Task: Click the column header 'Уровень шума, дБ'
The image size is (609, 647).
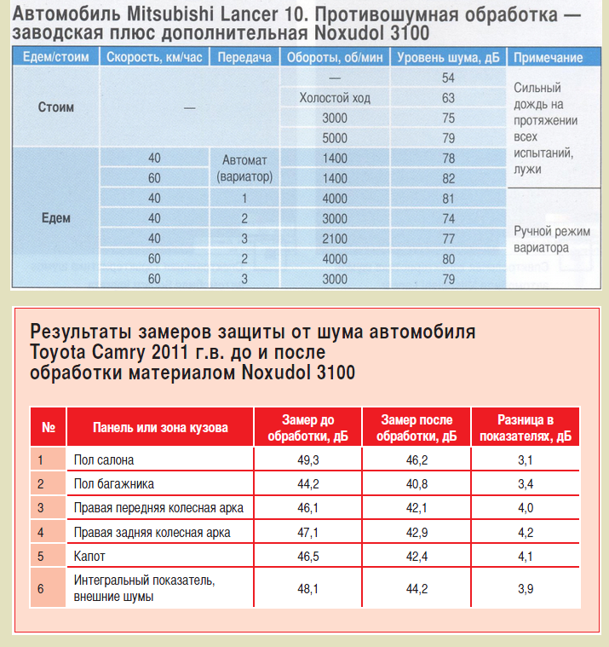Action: tap(448, 58)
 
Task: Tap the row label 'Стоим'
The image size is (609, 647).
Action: tap(56, 108)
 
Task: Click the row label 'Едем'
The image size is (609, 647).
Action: tap(56, 217)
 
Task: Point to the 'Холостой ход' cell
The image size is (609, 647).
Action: tap(335, 98)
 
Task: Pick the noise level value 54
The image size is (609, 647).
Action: tap(448, 78)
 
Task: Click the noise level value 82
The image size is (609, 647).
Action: tap(448, 178)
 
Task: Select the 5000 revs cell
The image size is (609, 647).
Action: tap(335, 138)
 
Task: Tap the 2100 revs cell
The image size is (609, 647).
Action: tap(335, 238)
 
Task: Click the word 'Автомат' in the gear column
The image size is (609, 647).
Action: tap(244, 159)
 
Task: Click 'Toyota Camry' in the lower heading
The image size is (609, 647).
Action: tap(82, 352)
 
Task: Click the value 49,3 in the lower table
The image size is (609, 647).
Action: tap(307, 460)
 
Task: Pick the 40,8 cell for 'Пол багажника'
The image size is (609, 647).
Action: tap(417, 484)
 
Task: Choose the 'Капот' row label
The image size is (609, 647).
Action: tap(90, 556)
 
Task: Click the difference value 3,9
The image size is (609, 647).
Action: tap(525, 589)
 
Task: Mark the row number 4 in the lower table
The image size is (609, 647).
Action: tap(40, 532)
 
